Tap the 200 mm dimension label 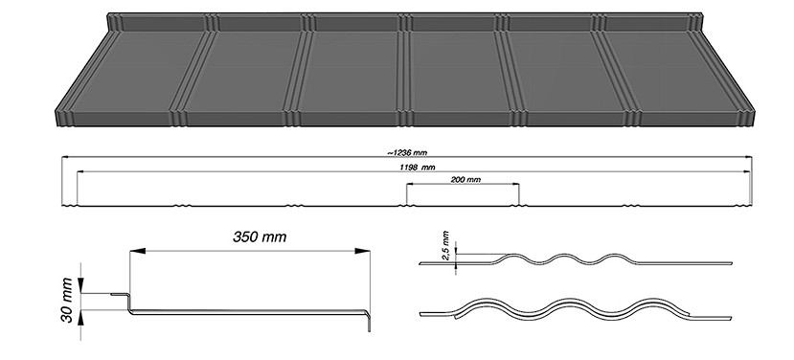pyautogui.click(x=465, y=180)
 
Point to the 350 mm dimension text pyautogui.click(x=260, y=236)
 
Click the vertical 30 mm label pyautogui.click(x=66, y=300)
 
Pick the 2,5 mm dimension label pyautogui.click(x=445, y=245)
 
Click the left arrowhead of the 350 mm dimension pyautogui.click(x=138, y=251)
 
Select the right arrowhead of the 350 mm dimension pyautogui.click(x=362, y=251)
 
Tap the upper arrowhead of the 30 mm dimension pyautogui.click(x=80, y=285)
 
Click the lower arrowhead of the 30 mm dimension pyautogui.click(x=80, y=318)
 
